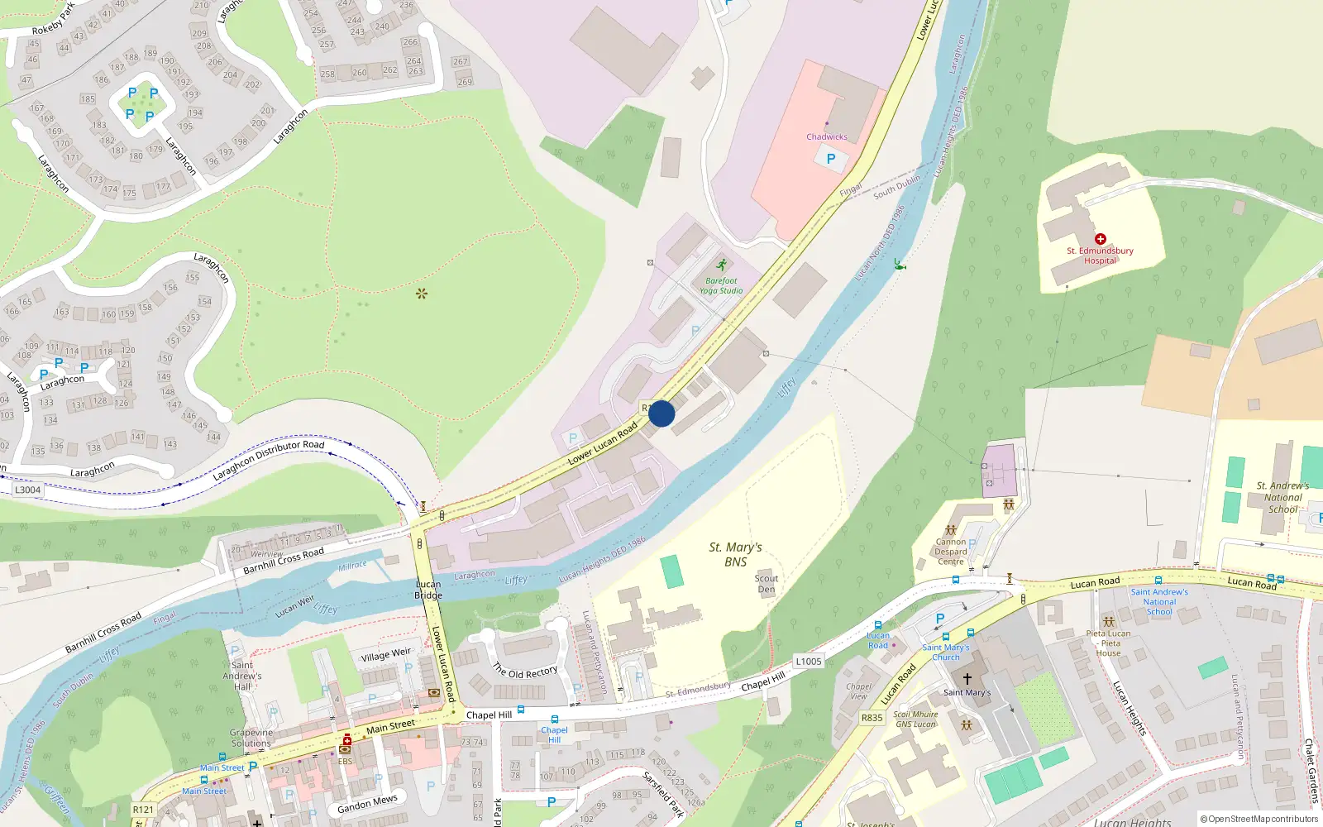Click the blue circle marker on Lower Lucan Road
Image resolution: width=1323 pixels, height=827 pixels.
tap(661, 413)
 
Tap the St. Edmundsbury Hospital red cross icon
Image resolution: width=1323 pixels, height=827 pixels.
tap(1100, 239)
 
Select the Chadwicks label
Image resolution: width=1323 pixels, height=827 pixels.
tap(827, 137)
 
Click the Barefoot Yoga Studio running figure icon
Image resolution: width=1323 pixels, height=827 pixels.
tap(722, 265)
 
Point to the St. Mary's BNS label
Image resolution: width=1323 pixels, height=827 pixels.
tap(735, 554)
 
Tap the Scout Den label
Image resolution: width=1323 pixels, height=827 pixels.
tap(767, 584)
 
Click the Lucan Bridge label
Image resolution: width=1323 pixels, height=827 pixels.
tap(428, 590)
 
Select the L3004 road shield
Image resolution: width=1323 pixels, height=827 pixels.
tap(27, 490)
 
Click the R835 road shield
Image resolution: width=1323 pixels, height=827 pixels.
tap(872, 718)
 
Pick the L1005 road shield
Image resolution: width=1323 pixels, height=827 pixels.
tap(809, 661)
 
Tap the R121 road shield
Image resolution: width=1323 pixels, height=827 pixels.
tap(143, 810)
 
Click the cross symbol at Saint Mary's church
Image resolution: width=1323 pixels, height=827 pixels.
tap(967, 679)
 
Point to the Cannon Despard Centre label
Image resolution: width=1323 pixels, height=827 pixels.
tap(951, 552)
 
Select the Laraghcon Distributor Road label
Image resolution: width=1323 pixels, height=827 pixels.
tap(269, 461)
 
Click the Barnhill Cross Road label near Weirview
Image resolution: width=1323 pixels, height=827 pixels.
tap(284, 562)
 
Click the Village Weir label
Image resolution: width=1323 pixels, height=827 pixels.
tap(385, 656)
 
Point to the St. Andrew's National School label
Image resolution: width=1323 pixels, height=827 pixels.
tap(1282, 497)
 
